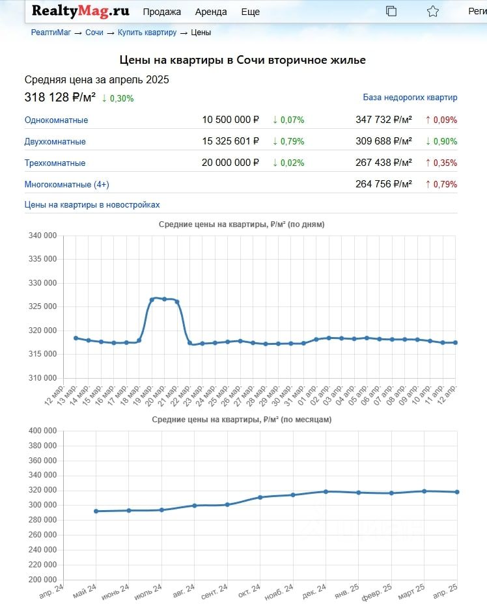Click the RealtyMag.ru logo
coord(80,11)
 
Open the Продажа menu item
coord(161,12)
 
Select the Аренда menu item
coord(211,12)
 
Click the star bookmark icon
coord(433,11)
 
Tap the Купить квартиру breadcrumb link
coord(147,33)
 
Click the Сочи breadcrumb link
coord(94,33)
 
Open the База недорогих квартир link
coord(410,98)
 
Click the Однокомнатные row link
coord(56,120)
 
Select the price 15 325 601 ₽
coord(230,141)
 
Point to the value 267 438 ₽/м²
coord(383,163)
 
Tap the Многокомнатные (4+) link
coord(66,185)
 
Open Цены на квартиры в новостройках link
coord(92,204)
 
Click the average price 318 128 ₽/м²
coord(60,98)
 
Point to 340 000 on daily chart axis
coord(43,236)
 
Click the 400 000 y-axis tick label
coord(43,431)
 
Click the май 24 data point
coord(96,511)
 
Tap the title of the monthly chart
coord(242,420)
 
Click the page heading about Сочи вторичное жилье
coord(243,60)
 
